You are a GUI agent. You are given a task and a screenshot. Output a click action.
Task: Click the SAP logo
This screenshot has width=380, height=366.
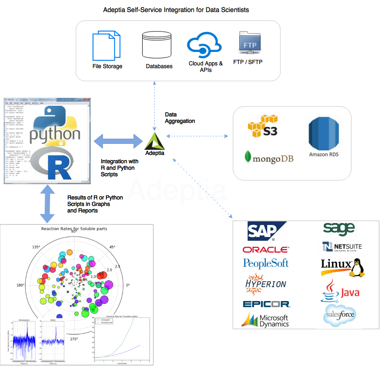266,231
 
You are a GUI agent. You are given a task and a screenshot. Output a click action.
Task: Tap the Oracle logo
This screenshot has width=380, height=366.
266,250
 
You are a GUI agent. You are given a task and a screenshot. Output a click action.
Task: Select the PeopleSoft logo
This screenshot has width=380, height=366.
266,263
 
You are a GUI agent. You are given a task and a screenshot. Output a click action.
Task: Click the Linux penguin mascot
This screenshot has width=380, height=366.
356,268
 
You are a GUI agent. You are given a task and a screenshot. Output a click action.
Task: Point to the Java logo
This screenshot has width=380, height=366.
341,290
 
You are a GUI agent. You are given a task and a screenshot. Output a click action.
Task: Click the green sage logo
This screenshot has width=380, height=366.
339,228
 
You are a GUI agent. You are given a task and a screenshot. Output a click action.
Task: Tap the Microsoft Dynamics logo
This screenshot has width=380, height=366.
266,320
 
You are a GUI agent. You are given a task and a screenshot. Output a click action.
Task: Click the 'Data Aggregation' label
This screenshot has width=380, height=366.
180,117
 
